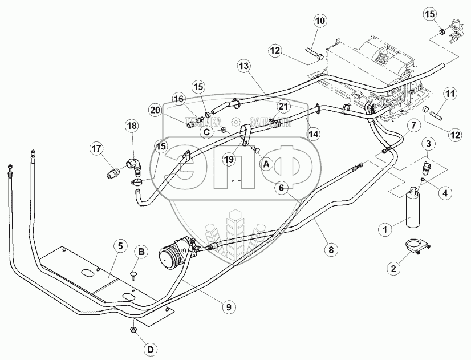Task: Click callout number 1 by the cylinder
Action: point(385,229)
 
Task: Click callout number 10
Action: point(319,22)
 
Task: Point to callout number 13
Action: point(244,67)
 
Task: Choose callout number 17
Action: point(95,149)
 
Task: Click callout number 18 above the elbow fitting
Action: point(132,127)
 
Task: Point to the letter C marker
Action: point(207,131)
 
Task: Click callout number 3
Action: point(428,142)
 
